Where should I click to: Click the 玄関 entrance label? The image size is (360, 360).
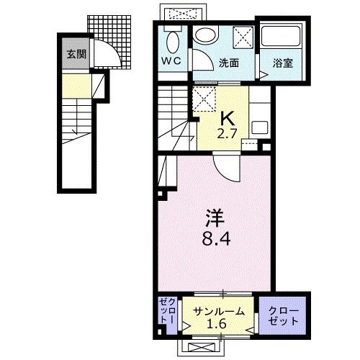point(76,55)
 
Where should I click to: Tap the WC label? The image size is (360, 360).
point(171,61)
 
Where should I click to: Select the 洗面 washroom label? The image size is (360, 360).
point(229,63)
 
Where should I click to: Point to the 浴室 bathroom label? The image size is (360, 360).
point(283,63)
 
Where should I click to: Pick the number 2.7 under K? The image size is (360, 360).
point(228,134)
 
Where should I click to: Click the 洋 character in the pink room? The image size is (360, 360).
point(215,218)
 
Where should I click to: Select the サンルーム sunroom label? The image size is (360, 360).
point(219,312)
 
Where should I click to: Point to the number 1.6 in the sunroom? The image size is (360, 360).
point(220,324)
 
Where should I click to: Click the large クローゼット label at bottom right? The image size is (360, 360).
point(284,315)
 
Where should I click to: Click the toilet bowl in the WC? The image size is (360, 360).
point(173,42)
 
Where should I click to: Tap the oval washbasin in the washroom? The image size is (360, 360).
point(207,35)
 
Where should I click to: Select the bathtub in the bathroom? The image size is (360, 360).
point(281,36)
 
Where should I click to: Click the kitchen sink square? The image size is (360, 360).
point(259,129)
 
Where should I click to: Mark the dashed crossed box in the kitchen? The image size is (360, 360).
point(204,99)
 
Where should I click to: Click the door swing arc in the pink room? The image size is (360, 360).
point(225,174)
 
